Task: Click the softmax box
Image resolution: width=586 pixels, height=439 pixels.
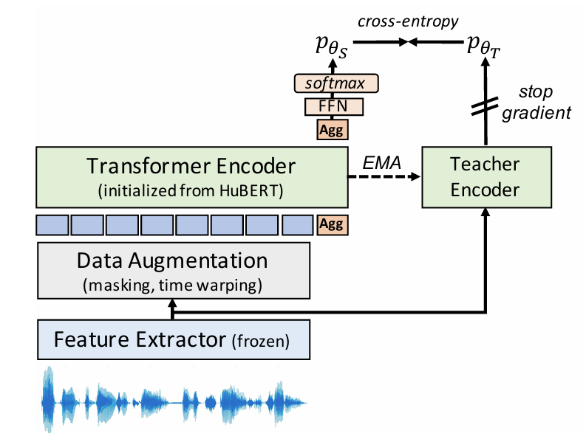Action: click(x=336, y=83)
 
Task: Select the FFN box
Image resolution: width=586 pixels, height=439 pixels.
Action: click(x=334, y=107)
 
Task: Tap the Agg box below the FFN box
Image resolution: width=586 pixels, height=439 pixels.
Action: click(x=333, y=130)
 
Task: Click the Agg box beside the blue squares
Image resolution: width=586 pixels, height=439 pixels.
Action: click(x=333, y=225)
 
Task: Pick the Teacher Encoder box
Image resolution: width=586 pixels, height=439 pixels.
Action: click(x=486, y=177)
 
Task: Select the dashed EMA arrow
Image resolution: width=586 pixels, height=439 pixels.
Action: click(x=384, y=176)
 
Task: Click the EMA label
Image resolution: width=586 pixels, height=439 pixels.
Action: click(x=381, y=162)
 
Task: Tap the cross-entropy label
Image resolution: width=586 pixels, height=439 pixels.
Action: click(x=408, y=21)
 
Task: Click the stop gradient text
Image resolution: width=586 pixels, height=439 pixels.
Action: click(x=536, y=103)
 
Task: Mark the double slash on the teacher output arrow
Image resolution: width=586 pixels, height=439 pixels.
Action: click(x=485, y=106)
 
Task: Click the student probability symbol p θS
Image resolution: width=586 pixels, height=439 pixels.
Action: click(x=332, y=46)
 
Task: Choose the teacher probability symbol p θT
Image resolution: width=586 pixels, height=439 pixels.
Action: click(x=483, y=46)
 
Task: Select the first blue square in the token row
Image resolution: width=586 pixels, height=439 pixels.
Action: click(x=52, y=225)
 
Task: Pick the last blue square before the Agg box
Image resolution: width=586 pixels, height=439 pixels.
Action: click(x=298, y=225)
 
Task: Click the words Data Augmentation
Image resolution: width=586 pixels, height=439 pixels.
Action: click(x=172, y=260)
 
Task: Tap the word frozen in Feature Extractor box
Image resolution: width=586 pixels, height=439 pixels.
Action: click(x=261, y=341)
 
